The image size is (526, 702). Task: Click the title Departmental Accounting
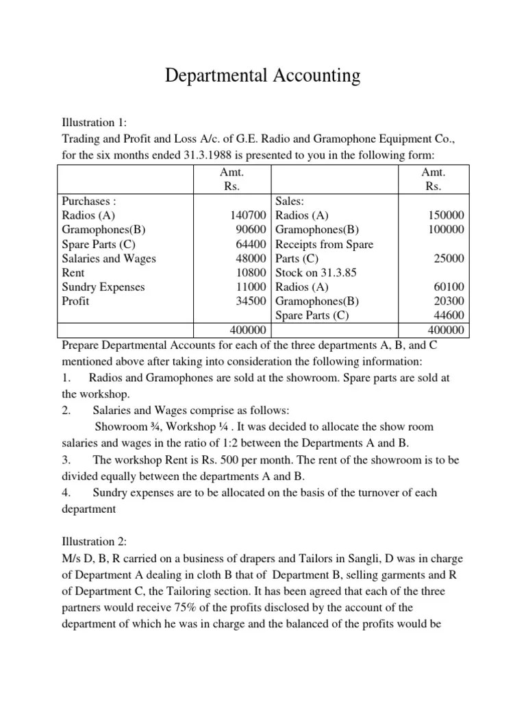(262, 75)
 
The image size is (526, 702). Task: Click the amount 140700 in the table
(248, 216)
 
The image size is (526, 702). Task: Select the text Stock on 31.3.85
(316, 273)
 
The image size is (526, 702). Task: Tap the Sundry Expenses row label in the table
(103, 287)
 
